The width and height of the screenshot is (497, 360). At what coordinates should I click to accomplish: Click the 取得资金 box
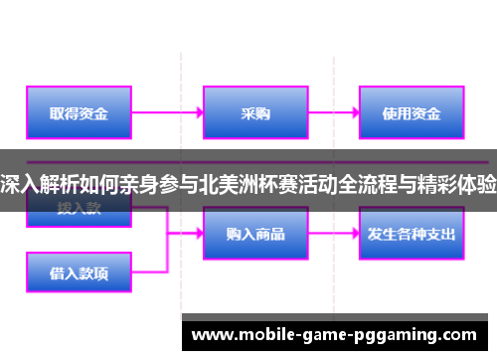point(80,113)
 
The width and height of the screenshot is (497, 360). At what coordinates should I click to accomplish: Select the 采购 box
point(254,113)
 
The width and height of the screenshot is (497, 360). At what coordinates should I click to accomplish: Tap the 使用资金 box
point(411,113)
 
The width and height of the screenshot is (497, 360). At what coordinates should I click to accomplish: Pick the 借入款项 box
point(80,270)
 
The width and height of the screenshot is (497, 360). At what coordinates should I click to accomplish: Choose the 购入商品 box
point(254,234)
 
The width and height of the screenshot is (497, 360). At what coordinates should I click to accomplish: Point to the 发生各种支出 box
point(411,234)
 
